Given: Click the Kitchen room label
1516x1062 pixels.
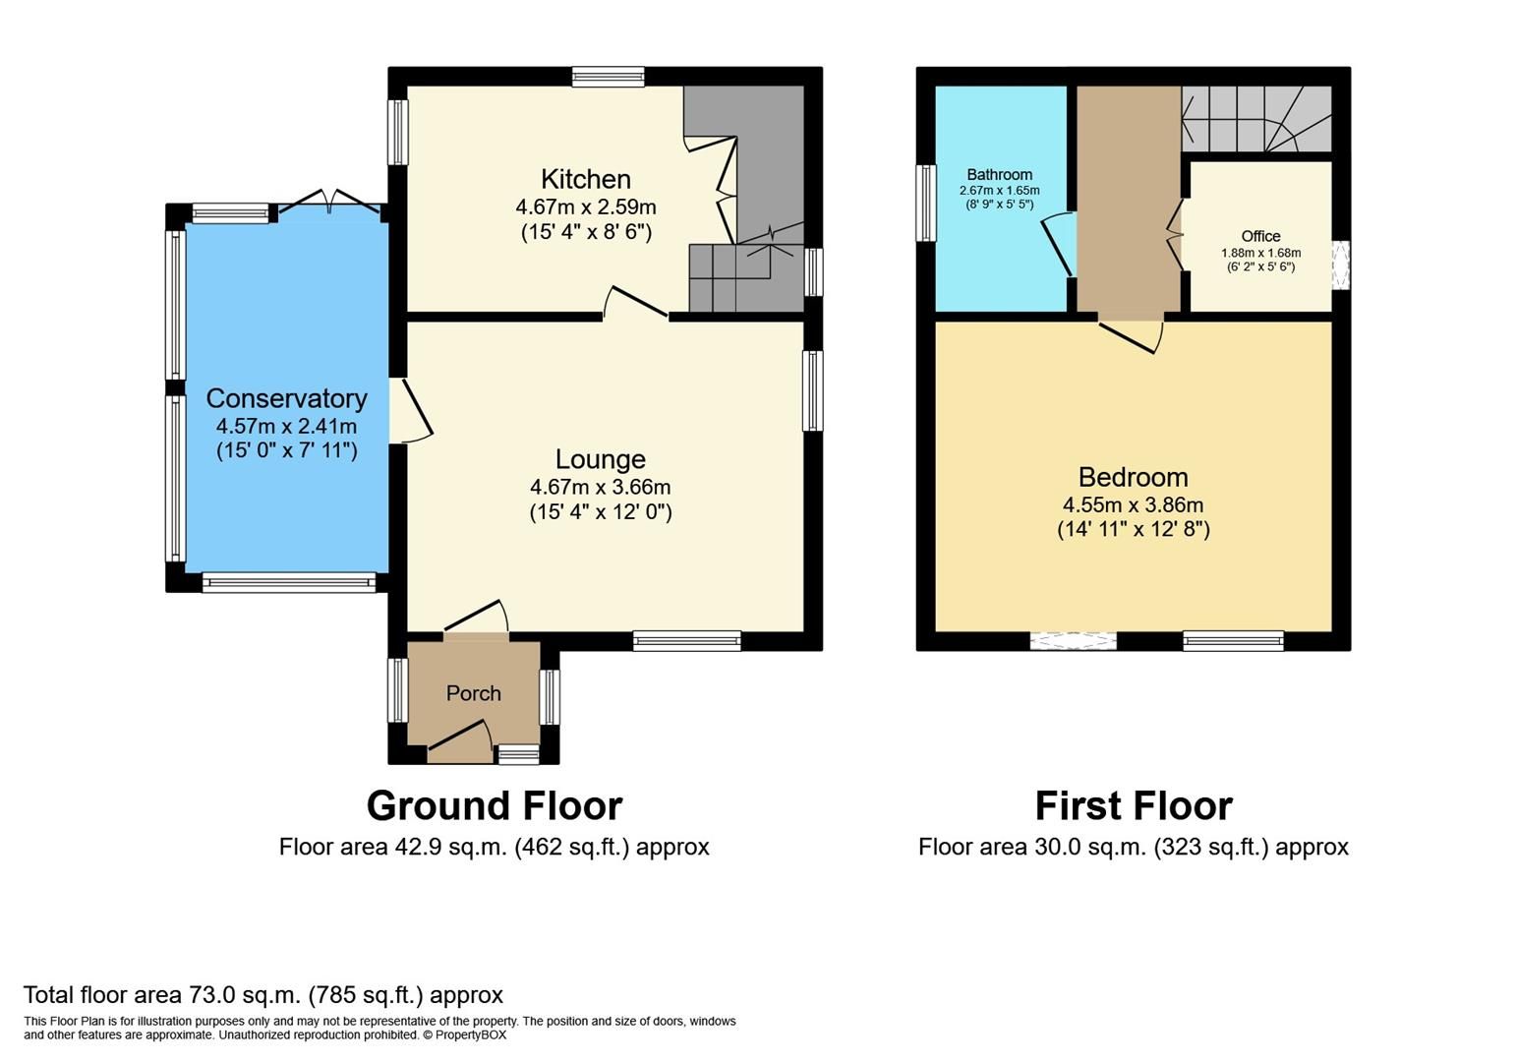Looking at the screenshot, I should tap(585, 179).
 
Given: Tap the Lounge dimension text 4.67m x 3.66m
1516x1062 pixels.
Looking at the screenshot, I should tap(600, 487).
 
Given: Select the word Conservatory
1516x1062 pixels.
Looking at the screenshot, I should tap(286, 398).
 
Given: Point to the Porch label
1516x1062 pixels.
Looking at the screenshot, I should tap(473, 693).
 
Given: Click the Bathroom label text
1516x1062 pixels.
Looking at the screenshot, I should tap(999, 174).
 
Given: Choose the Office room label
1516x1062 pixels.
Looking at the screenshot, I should tap(1260, 236).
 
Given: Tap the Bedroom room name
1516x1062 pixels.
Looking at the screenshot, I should tap(1133, 477).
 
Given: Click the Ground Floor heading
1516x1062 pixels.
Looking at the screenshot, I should tap(494, 805).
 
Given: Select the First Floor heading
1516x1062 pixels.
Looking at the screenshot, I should tap(1133, 805).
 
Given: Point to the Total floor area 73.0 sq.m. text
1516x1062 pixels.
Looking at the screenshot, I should tap(262, 994).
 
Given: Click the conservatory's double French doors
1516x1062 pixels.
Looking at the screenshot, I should tap(329, 202).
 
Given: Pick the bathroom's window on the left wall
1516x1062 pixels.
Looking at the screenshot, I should tap(926, 203).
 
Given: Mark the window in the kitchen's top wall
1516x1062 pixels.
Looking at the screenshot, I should tap(609, 77).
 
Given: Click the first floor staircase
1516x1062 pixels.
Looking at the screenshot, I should tap(1255, 119).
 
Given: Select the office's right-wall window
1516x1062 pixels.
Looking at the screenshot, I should tap(1341, 265).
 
